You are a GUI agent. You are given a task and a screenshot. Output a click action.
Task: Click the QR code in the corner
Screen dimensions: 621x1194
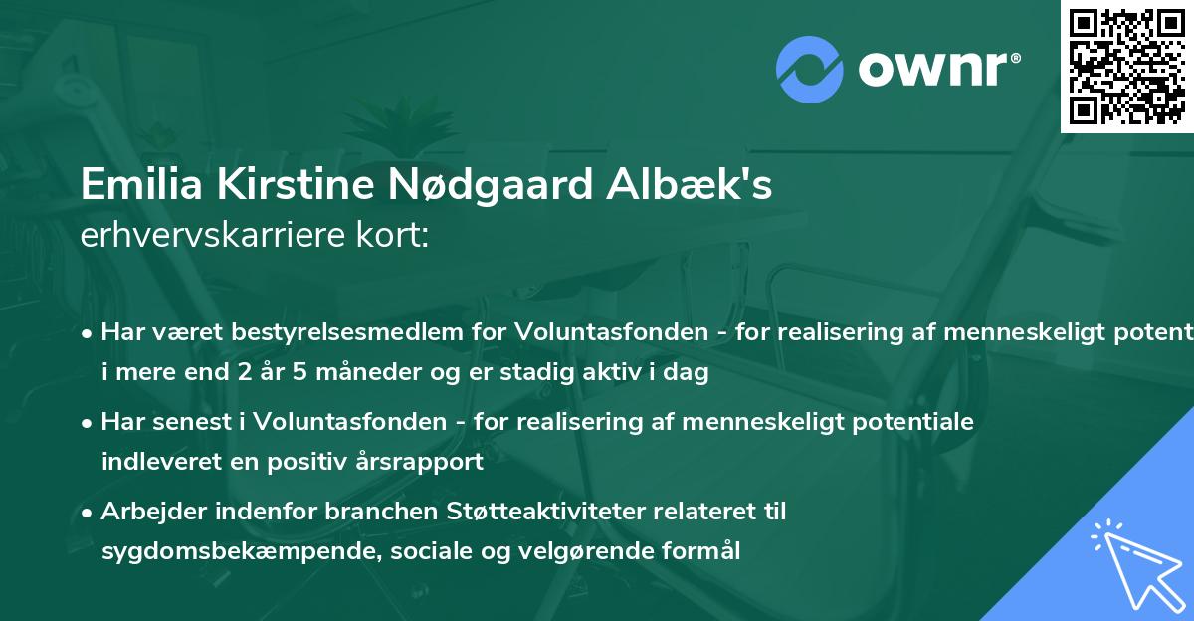[1126, 67]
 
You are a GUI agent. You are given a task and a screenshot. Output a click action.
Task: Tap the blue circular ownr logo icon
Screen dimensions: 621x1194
[810, 70]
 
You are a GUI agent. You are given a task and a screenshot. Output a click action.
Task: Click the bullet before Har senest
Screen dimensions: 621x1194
[89, 423]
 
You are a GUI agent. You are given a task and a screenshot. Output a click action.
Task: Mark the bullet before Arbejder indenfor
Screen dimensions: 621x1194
[89, 513]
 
